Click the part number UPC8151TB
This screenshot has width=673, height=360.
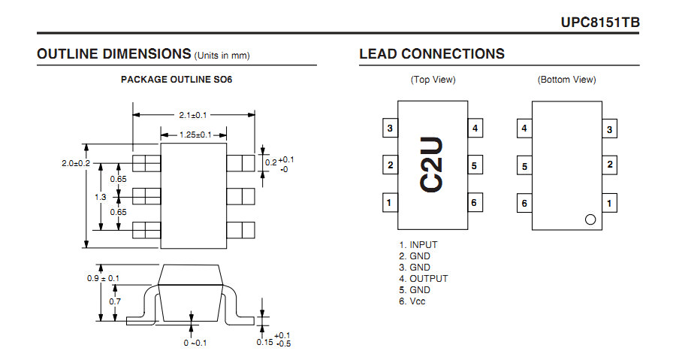(x=600, y=23)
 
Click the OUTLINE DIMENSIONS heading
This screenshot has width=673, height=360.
(x=113, y=53)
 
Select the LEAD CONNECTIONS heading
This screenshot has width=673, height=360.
(x=432, y=53)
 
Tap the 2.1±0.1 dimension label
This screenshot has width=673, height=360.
(x=193, y=115)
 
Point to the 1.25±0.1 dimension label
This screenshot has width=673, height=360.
(x=195, y=135)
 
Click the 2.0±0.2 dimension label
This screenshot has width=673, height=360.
(x=76, y=163)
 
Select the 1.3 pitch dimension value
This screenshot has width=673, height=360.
(x=101, y=197)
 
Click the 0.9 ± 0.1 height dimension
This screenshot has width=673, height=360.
(x=103, y=278)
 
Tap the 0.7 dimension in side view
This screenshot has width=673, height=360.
(x=115, y=301)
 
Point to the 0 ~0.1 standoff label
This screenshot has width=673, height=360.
(x=195, y=343)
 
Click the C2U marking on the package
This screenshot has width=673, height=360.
(x=431, y=165)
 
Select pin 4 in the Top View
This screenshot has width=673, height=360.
(x=475, y=128)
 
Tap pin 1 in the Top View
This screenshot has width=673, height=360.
(x=390, y=203)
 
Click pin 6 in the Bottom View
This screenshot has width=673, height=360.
(x=524, y=203)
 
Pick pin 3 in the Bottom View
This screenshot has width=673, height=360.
(x=609, y=129)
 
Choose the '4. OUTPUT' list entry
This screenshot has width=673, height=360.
(x=423, y=278)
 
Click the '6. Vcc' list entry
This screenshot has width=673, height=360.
(x=412, y=301)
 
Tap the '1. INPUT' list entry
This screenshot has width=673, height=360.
(x=418, y=245)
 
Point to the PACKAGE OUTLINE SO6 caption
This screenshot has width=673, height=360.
(x=177, y=80)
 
